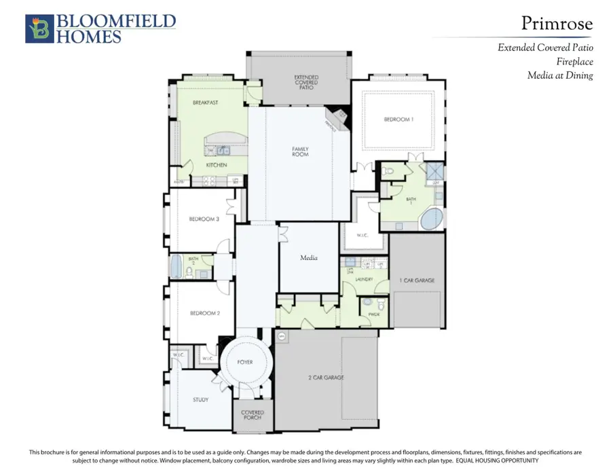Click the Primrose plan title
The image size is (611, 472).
(557, 24)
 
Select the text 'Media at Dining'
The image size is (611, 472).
(560, 75)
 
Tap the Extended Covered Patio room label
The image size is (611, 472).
(306, 83)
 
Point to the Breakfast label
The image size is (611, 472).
(205, 103)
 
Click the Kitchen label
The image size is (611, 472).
(216, 165)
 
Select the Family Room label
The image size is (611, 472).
(300, 151)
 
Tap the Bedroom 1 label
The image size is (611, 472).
(398, 120)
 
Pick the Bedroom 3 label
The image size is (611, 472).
(204, 219)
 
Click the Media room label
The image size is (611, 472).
(309, 258)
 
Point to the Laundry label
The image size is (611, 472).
(364, 278)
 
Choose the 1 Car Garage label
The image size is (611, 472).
(417, 280)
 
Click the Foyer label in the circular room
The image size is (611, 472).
(245, 362)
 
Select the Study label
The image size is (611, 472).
(200, 400)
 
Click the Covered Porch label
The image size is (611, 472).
(252, 415)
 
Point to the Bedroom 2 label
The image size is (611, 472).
(204, 313)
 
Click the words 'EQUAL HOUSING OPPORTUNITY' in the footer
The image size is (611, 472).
(496, 460)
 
